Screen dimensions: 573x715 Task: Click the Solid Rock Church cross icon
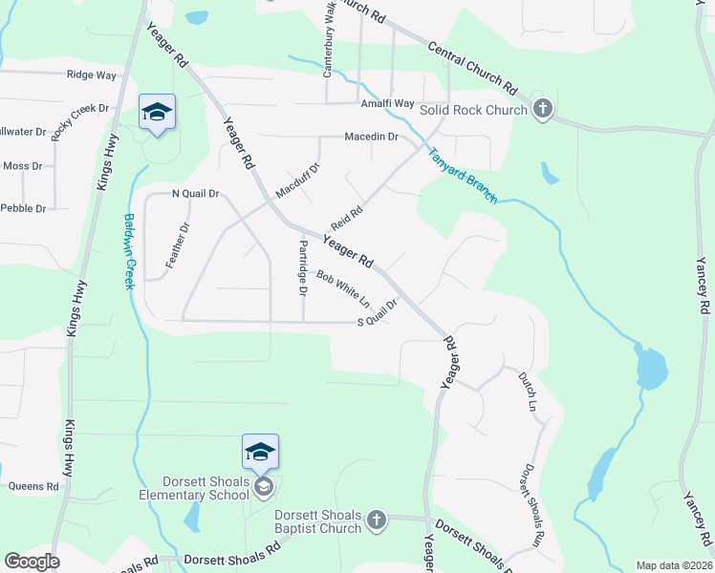coord(543,108)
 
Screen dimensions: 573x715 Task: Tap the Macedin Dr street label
coord(372,137)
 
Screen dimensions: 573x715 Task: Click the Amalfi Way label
coord(387,103)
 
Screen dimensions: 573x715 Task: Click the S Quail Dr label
coord(377,322)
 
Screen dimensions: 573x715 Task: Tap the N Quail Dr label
coord(195,194)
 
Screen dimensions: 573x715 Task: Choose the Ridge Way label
coord(92,74)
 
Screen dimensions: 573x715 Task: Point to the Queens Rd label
coord(33,486)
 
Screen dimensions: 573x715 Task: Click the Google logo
coord(32,562)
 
